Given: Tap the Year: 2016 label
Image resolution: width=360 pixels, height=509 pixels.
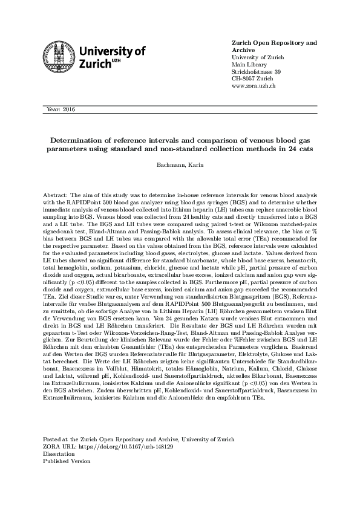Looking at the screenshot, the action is point(60,109).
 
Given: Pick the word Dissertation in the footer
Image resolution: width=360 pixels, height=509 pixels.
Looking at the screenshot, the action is point(61,453).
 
